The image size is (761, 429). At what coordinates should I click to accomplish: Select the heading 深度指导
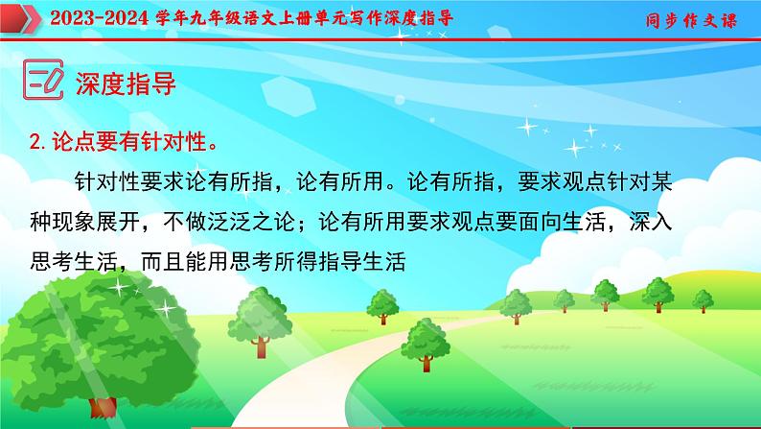(126, 83)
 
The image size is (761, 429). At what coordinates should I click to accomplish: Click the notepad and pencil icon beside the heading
(42, 82)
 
